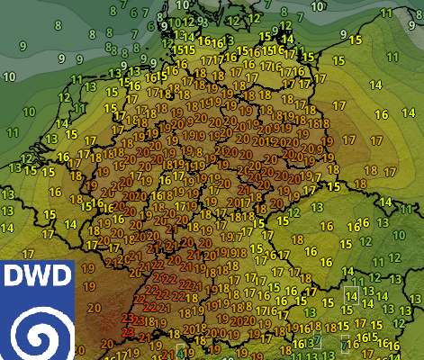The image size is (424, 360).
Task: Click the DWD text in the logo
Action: click(x=38, y=277)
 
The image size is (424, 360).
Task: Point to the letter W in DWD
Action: click(x=38, y=277)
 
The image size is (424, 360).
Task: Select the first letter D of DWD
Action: click(x=17, y=277)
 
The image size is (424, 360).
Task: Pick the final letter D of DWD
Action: click(x=59, y=277)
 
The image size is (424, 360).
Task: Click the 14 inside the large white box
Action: click(x=351, y=294)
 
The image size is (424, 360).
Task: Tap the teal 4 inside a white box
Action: click(x=181, y=351)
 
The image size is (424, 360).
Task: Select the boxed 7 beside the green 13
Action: click(x=315, y=342)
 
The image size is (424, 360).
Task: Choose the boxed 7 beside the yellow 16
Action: click(x=345, y=343)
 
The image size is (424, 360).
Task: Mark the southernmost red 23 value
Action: click(x=127, y=333)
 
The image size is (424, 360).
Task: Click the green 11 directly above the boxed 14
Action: click(x=350, y=279)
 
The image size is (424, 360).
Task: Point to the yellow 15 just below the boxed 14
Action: click(x=353, y=309)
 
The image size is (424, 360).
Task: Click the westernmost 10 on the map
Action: click(x=28, y=112)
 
